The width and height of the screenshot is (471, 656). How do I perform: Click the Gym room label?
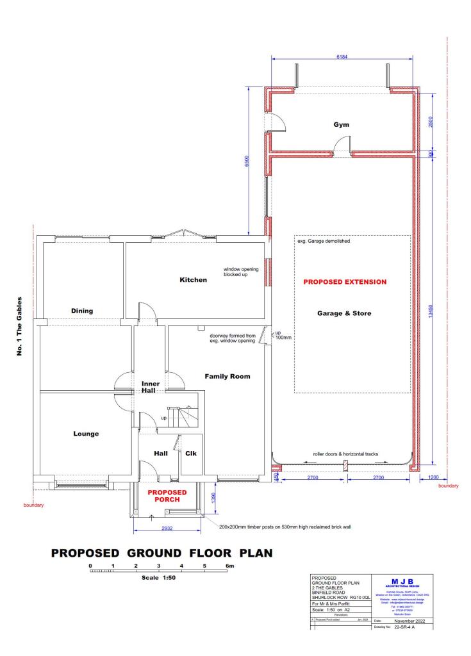[341, 125]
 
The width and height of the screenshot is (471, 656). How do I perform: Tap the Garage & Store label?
[345, 314]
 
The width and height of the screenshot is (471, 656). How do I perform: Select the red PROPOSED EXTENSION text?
[345, 282]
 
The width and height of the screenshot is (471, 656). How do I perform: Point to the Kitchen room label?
[193, 280]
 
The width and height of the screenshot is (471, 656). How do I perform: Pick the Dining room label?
[82, 311]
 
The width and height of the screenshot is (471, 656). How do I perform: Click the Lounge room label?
[86, 434]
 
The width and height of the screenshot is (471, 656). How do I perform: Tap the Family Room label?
[227, 376]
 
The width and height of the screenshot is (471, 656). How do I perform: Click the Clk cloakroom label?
[190, 453]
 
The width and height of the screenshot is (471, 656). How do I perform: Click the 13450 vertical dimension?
[431, 311]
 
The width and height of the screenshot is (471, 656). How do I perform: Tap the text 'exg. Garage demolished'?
[324, 242]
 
